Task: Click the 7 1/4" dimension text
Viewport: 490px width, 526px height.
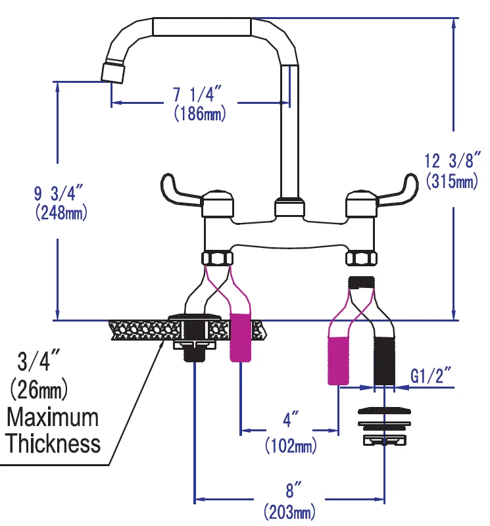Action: (199, 95)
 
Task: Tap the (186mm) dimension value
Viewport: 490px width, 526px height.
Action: (199, 114)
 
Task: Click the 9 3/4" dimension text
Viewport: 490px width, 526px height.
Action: (59, 194)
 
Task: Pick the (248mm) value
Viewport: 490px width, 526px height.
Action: (59, 213)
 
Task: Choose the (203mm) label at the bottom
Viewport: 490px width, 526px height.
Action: (289, 511)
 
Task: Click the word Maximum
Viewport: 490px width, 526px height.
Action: (53, 418)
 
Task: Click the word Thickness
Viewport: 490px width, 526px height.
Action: (54, 443)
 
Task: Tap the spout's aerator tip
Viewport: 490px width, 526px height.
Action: (112, 71)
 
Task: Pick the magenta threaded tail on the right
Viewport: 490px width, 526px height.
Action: (338, 360)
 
